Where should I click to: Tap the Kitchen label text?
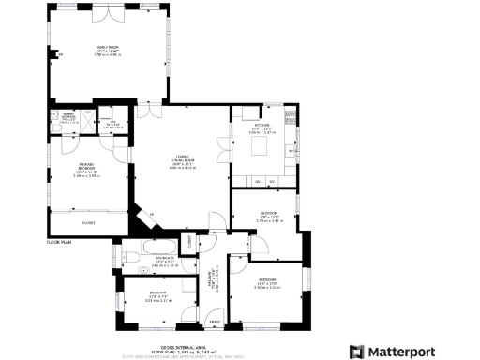tap(262, 127)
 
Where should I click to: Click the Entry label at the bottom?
tap(215, 323)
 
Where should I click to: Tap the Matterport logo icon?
tap(356, 351)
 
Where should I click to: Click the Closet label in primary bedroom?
tap(90, 223)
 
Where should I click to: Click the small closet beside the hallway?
tap(192, 241)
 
